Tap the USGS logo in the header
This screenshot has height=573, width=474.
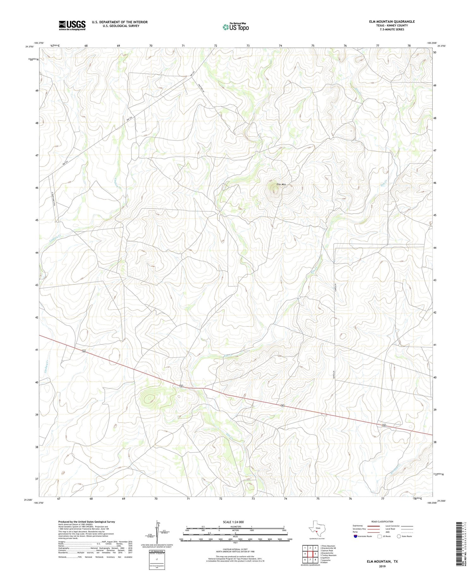tap(72, 25)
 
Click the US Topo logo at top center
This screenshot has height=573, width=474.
tap(236, 27)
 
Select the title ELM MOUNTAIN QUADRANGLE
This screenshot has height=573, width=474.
tap(392, 21)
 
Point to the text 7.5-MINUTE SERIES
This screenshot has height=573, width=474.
tap(392, 29)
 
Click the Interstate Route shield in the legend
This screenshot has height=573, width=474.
tap(355, 536)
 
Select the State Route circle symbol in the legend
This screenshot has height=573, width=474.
tap(399, 536)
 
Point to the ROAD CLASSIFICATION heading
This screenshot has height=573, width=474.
tap(382, 521)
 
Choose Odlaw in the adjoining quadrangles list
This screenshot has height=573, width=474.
tap(325, 563)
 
